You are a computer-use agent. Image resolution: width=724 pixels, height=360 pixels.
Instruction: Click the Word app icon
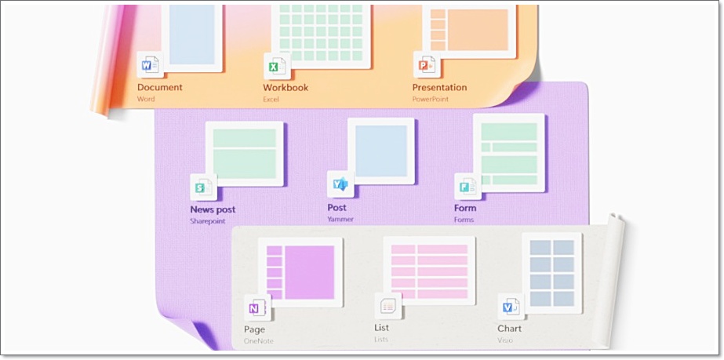pos(149,65)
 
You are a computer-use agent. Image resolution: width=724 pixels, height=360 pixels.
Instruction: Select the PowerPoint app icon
pos(425,66)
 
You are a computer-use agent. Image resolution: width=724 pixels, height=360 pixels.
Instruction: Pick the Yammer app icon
pos(340,184)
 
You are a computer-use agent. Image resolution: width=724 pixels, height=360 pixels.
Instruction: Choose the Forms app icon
pos(468,186)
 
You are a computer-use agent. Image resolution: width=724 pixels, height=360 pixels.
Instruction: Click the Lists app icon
pos(388,307)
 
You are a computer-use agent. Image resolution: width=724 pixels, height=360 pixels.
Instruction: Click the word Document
pos(160,88)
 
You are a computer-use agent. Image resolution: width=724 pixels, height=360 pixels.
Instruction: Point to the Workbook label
pos(286,88)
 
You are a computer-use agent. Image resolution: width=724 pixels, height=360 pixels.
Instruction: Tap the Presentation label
pos(439,88)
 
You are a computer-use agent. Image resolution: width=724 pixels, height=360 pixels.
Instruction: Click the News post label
pos(213,210)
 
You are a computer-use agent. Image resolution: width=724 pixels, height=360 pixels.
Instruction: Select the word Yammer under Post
pos(340,220)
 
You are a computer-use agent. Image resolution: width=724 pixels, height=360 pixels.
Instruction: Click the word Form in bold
pos(465,209)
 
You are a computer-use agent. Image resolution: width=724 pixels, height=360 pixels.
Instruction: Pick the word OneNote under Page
pos(259,340)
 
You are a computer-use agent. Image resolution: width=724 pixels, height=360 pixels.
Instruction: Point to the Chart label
pos(509,329)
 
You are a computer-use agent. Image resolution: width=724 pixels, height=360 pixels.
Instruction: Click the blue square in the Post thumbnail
pos(381,151)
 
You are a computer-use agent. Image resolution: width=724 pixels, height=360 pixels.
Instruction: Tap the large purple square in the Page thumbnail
pos(309,272)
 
